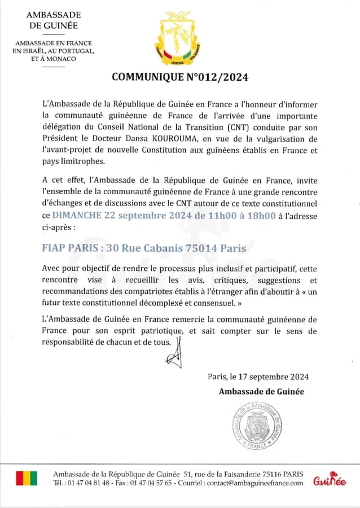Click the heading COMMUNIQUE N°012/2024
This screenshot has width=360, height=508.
[x=180, y=77]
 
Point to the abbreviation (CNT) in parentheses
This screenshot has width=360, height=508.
[x=227, y=128]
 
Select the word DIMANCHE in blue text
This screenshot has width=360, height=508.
[x=77, y=215]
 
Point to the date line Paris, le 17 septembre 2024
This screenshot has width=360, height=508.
[x=258, y=376]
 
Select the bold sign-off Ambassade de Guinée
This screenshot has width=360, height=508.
[x=261, y=392]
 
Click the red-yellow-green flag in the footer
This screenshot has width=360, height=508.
[x=27, y=478]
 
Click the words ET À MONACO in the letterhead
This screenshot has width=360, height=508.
[x=54, y=59]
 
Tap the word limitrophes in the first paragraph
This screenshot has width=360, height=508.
[x=82, y=161]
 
